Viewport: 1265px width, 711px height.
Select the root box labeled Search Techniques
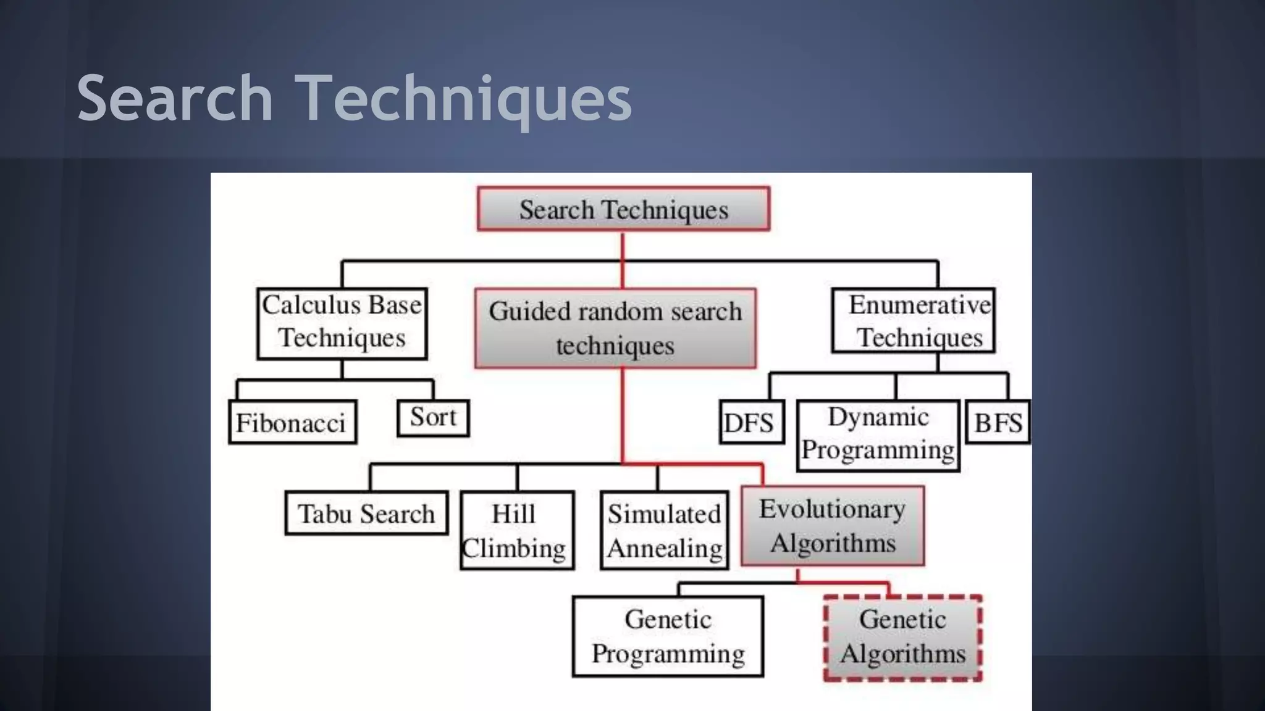(623, 209)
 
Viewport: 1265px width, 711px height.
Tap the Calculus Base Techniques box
(342, 323)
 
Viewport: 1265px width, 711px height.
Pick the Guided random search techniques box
(615, 328)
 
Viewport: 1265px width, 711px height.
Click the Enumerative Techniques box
(914, 321)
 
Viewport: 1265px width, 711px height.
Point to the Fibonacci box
(292, 422)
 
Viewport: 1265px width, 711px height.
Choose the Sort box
(433, 418)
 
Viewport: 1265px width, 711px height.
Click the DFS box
(751, 422)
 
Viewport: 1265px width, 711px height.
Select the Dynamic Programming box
(878, 435)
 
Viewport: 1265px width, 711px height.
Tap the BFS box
(998, 422)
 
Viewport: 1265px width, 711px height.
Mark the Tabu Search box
(366, 513)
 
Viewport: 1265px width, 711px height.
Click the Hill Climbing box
(517, 530)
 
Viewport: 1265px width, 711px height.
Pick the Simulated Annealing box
(664, 530)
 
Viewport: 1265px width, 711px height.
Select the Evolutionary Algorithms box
(832, 526)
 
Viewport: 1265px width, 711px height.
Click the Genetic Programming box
(668, 636)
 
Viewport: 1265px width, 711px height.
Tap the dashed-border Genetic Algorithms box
(902, 638)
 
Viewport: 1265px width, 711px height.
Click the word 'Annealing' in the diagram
(665, 548)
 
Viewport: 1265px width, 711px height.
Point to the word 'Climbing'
(514, 548)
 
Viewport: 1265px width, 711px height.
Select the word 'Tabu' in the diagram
(325, 513)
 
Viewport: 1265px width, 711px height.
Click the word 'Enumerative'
(919, 304)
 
